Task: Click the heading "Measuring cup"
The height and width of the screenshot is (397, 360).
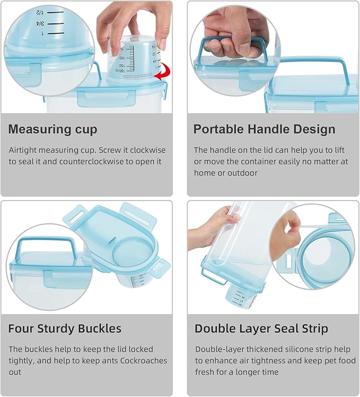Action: (x=52, y=129)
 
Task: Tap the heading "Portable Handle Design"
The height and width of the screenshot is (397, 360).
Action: (x=264, y=129)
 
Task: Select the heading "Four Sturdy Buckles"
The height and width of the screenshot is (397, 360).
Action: (x=65, y=329)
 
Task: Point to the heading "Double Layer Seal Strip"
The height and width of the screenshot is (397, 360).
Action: (x=261, y=329)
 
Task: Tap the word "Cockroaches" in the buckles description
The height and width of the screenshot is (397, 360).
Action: (x=144, y=361)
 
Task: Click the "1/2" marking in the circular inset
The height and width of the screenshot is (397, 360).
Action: (x=40, y=11)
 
